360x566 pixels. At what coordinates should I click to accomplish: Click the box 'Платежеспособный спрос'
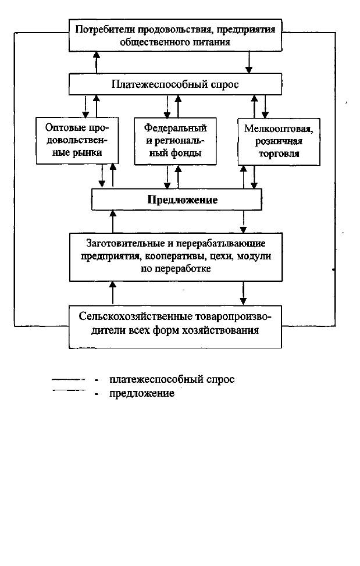[175, 84]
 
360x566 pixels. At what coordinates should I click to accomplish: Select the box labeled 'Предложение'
[176, 200]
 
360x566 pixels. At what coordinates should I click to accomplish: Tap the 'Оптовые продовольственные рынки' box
[77, 140]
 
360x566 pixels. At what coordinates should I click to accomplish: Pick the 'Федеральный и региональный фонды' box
[175, 141]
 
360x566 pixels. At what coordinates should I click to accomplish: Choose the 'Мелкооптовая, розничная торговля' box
[279, 141]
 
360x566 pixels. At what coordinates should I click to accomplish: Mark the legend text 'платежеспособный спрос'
[172, 379]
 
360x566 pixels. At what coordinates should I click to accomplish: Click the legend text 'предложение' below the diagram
[142, 393]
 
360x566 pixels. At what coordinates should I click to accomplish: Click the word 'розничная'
[279, 141]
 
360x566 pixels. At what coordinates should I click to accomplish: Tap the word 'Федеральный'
[175, 128]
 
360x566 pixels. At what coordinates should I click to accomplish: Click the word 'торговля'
[279, 154]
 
